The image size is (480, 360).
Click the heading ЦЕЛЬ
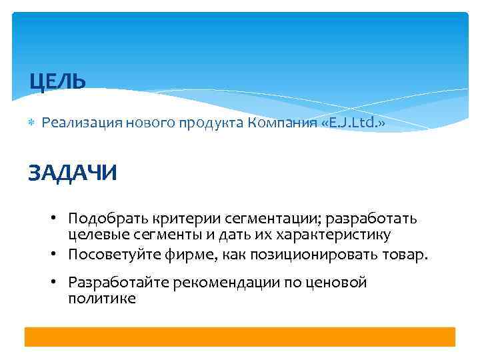58,82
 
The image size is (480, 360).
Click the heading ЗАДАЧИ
72,173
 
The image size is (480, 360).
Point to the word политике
102,299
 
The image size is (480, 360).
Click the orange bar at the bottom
240,337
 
